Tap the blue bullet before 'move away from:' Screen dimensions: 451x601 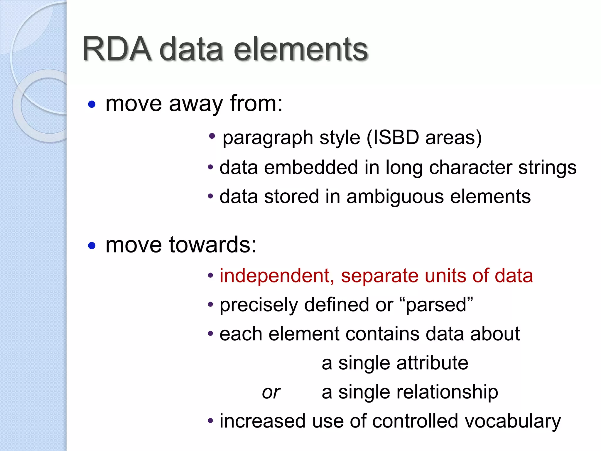click(x=92, y=104)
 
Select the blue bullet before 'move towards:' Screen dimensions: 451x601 click(x=92, y=245)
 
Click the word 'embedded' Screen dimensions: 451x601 click(x=311, y=167)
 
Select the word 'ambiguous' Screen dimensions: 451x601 click(x=395, y=197)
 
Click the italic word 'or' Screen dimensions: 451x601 click(x=271, y=392)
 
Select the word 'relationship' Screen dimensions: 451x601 click(x=447, y=392)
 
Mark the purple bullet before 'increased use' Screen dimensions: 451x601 click(x=210, y=421)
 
